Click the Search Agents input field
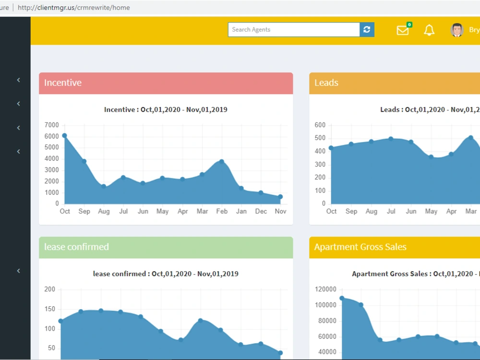[294, 30]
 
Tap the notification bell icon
[429, 30]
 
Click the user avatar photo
[457, 30]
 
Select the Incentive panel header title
[63, 83]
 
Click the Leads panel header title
[326, 83]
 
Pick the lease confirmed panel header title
[76, 247]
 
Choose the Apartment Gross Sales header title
[360, 247]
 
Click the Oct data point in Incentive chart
[64, 136]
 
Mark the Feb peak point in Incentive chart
[222, 161]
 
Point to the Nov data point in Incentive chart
[280, 197]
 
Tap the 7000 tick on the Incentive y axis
[51, 125]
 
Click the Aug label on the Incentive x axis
[104, 211]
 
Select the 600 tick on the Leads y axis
[320, 125]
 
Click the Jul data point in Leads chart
[391, 139]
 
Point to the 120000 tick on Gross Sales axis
[325, 289]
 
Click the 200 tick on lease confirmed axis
[49, 289]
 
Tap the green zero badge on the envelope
[409, 24]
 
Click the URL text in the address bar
[74, 8]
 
